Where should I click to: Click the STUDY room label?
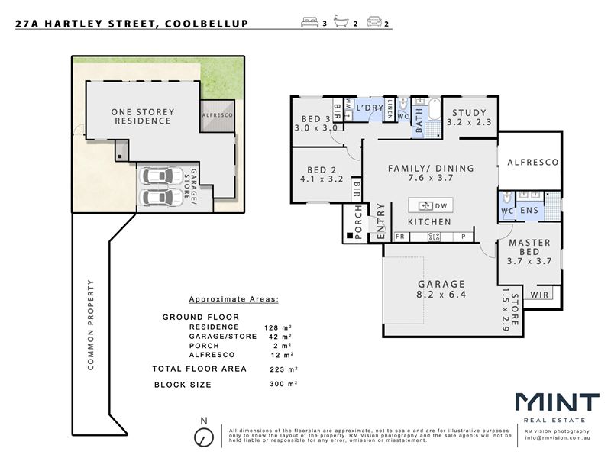pos(469,113)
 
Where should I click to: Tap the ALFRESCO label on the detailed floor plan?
pos(533,162)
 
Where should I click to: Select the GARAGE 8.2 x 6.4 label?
pos(441,289)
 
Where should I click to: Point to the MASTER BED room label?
pos(529,247)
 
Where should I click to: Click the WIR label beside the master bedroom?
pos(540,295)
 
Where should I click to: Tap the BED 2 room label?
pos(322,169)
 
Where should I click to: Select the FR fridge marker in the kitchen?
pos(399,237)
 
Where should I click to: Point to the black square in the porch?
pos(350,236)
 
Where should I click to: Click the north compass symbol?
pos(204,437)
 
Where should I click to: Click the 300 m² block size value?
pos(283,384)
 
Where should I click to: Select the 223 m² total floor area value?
pos(283,369)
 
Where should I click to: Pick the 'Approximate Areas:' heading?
pos(234,299)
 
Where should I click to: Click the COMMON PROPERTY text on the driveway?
pos(91,325)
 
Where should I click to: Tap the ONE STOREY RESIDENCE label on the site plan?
pos(143,117)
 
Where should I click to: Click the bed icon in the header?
pos(310,22)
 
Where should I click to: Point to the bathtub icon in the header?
pos(341,21)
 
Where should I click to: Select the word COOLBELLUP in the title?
pos(206,24)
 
